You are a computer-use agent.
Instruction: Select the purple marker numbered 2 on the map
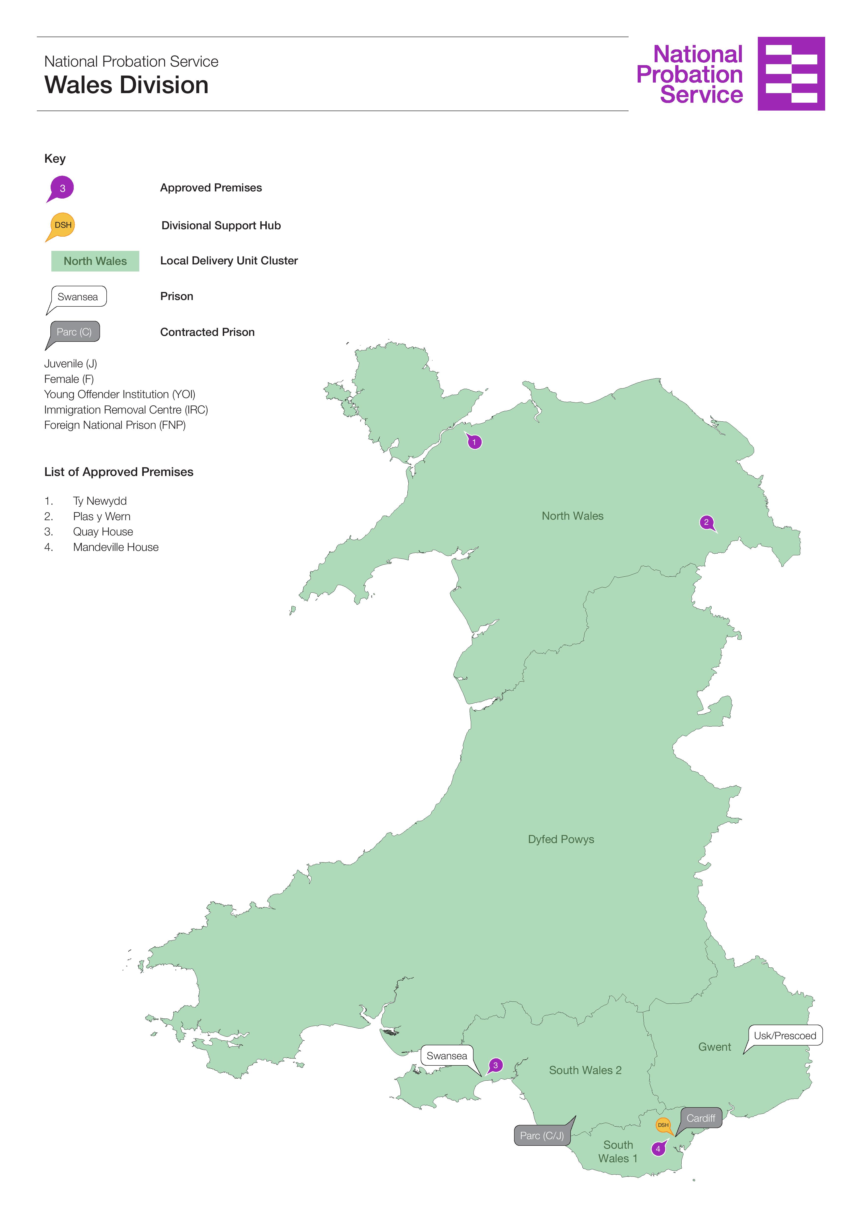tap(706, 522)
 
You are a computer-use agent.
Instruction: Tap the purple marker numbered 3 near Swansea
tap(495, 1065)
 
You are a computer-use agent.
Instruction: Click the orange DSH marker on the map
tap(663, 1125)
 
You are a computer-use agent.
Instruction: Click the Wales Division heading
tap(126, 85)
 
